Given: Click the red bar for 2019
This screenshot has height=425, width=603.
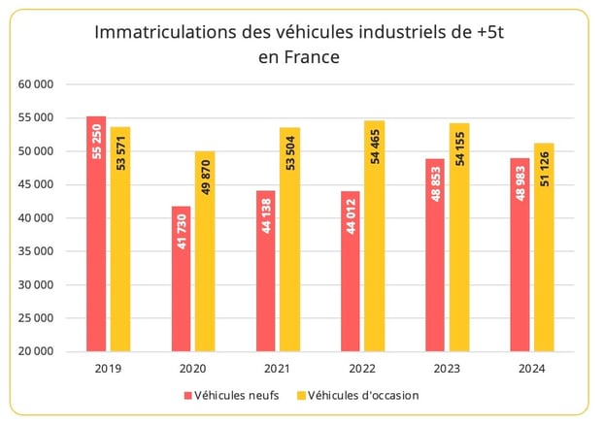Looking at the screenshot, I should (96, 234).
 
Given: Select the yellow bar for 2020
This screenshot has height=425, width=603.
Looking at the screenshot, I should (205, 251).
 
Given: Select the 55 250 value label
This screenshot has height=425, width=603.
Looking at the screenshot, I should (96, 141).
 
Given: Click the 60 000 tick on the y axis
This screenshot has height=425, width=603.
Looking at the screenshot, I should (36, 85).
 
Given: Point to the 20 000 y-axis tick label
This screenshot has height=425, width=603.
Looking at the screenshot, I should (36, 351).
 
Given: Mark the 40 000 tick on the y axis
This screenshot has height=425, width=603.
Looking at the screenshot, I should (36, 218).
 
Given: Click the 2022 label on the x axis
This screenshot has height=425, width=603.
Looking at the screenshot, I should (362, 369).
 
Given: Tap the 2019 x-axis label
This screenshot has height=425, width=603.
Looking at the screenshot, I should (108, 369).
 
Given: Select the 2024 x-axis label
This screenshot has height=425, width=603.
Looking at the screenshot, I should (532, 369).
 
